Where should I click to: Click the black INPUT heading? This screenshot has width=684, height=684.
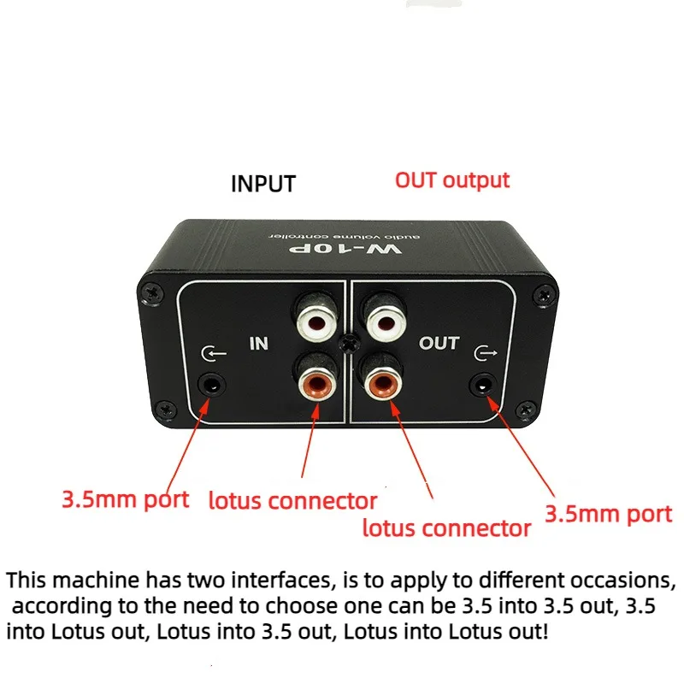(x=263, y=184)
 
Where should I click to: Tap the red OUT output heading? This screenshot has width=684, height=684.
(x=451, y=180)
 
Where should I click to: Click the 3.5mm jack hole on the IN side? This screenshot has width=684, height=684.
(x=209, y=384)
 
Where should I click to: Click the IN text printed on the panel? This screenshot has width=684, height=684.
(x=258, y=345)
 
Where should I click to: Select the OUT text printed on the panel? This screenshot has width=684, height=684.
(x=439, y=344)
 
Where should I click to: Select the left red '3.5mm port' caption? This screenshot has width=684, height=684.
(x=125, y=498)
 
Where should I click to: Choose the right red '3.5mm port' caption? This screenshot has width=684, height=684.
(x=609, y=513)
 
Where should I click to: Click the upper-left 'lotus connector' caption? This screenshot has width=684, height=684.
(x=292, y=500)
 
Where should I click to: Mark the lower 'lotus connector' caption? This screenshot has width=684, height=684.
(x=446, y=528)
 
